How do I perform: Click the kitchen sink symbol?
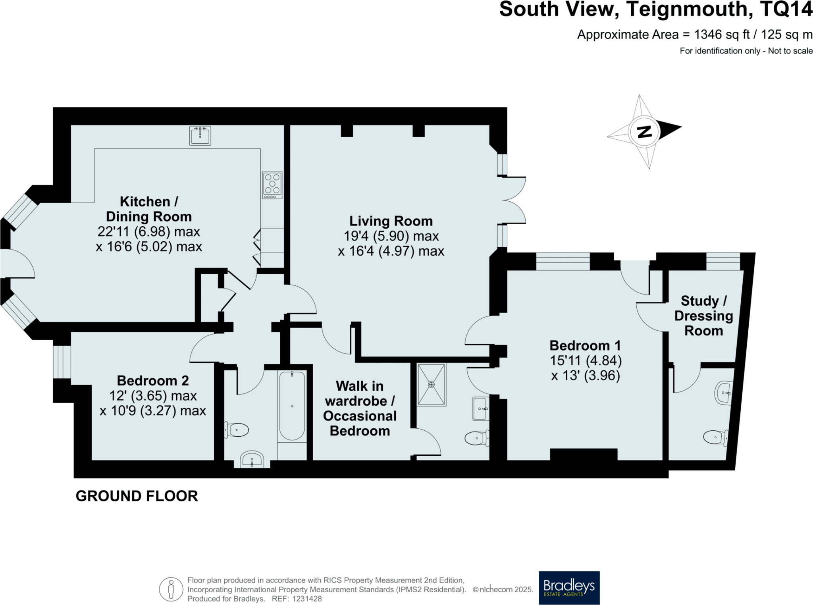[200, 136]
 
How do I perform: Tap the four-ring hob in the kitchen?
[272, 185]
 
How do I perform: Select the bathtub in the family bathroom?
[292, 406]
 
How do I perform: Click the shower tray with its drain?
[431, 384]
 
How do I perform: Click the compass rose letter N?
[644, 131]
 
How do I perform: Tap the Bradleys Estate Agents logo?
[569, 588]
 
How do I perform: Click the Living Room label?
[391, 221]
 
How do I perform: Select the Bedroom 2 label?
[153, 381]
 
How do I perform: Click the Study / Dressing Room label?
[703, 316]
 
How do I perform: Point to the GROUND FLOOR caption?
[137, 496]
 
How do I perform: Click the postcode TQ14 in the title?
[786, 10]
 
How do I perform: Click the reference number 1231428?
[307, 599]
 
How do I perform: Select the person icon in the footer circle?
[171, 590]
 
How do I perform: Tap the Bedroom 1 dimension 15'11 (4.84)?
[586, 360]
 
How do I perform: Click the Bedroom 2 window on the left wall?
[62, 362]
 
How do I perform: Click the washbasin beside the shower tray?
[480, 409]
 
